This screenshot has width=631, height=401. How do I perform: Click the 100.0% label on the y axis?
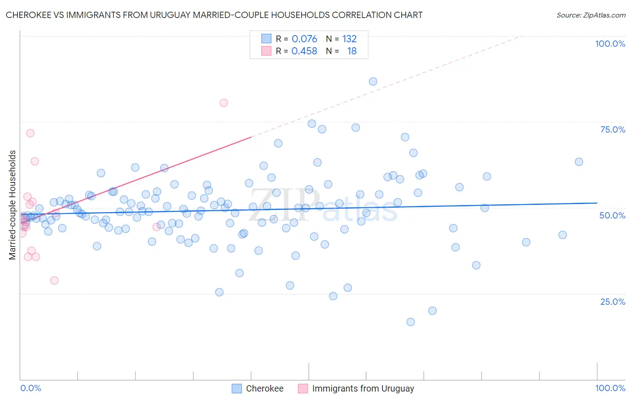610,44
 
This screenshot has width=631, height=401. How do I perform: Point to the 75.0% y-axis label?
613,129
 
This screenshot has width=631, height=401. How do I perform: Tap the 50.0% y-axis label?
612,215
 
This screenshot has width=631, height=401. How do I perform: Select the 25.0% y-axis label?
613,301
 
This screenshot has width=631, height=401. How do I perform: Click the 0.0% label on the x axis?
31,388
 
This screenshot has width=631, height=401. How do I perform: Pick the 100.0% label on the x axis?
610,388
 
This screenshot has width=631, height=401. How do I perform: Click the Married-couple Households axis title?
13,205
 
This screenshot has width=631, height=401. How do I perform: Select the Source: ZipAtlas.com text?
591,15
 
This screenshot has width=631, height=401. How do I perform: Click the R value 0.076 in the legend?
304,39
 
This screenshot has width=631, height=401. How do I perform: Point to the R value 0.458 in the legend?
304,51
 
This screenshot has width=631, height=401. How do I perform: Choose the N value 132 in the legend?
349,39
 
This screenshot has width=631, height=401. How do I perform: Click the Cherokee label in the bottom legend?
264,388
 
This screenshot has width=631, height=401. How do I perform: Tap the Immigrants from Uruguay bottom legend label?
363,388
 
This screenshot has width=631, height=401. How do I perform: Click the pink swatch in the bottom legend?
303,388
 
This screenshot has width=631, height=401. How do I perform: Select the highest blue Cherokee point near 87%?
373,81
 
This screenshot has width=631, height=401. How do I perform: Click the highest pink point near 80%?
224,102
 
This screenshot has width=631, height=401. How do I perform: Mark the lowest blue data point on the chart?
411,322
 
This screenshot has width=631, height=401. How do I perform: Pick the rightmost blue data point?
579,162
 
